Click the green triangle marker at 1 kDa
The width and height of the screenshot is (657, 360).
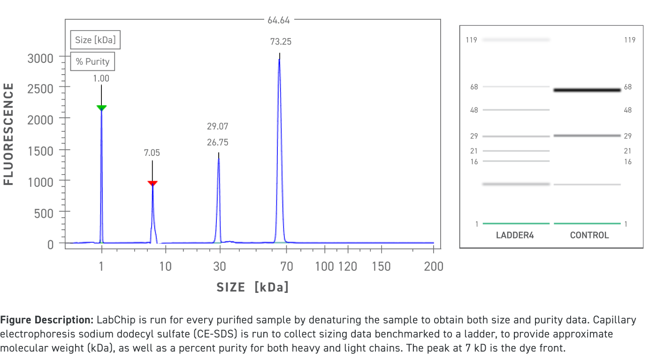(101, 108)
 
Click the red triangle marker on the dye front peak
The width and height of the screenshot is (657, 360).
(153, 183)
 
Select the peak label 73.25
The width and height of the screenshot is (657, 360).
(281, 42)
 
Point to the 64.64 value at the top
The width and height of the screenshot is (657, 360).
(279, 20)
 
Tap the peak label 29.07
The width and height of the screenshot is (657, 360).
(218, 126)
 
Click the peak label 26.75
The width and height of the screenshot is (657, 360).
(218, 142)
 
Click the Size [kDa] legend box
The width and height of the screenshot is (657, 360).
(95, 40)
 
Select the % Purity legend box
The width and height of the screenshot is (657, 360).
(92, 61)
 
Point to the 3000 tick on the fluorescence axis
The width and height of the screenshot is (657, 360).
(40, 58)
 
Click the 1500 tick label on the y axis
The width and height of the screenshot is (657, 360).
(40, 150)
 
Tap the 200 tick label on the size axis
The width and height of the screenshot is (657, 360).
(433, 267)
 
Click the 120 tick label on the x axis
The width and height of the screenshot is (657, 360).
(347, 267)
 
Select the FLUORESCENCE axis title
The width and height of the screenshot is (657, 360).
(9, 134)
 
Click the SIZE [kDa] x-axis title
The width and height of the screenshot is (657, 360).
(252, 287)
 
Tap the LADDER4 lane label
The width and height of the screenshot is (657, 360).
(515, 236)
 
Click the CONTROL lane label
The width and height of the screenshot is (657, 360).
(589, 236)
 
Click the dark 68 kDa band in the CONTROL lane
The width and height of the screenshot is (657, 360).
(587, 90)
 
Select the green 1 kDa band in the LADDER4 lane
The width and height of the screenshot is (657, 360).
(516, 224)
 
